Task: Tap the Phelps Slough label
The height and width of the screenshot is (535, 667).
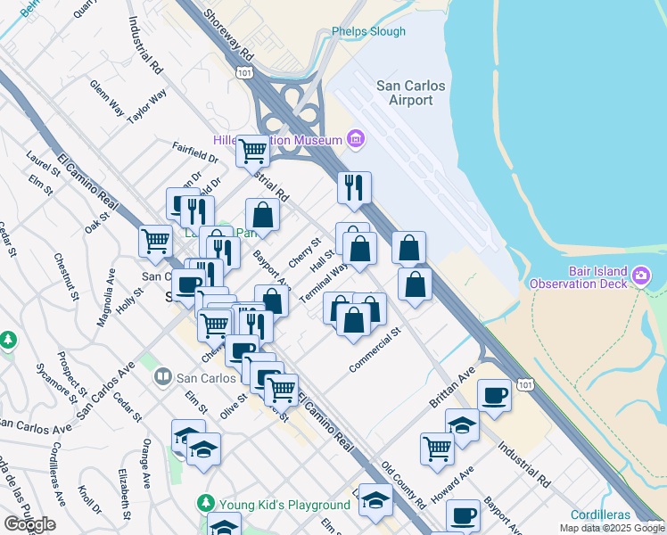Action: tap(368, 31)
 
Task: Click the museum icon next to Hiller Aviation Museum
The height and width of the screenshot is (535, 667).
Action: tap(356, 139)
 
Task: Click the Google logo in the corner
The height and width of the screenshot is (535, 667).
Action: tap(29, 524)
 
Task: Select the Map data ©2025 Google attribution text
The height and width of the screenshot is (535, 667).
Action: tap(613, 528)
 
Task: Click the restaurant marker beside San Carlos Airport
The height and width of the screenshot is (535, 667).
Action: tap(354, 187)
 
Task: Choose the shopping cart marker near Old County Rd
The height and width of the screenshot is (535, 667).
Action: tap(437, 449)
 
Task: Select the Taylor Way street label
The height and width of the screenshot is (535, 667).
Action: tap(147, 106)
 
